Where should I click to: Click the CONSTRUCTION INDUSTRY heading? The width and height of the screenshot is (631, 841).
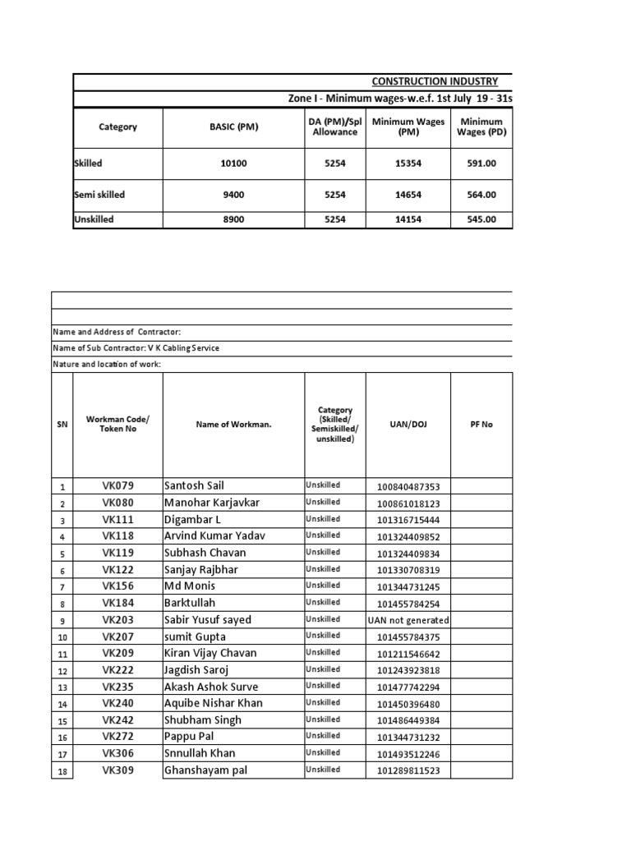tap(435, 81)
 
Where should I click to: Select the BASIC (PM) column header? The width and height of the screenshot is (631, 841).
tap(233, 127)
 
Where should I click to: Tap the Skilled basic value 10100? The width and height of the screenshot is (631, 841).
tap(233, 163)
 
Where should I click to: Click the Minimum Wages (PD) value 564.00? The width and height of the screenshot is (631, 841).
tap(481, 195)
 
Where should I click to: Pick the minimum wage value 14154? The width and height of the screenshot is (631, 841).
tap(408, 220)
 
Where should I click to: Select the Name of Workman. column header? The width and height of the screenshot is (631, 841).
tap(233, 425)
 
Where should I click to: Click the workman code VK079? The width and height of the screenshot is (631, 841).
tap(117, 486)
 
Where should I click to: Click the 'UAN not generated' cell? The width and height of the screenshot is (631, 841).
tap(408, 621)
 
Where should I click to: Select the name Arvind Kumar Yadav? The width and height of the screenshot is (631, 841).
tap(215, 536)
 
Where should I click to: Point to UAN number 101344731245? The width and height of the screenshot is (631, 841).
tap(408, 587)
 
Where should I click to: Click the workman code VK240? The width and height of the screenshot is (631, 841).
tap(117, 704)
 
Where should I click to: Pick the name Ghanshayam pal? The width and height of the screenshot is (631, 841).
tap(205, 771)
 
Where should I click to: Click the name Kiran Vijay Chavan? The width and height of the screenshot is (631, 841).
tap(210, 654)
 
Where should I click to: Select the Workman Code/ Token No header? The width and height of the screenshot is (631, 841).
tap(117, 425)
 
